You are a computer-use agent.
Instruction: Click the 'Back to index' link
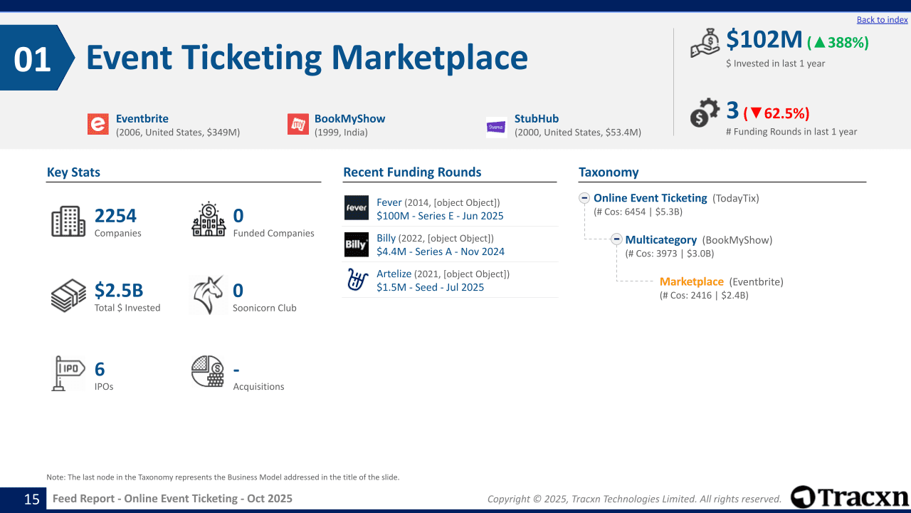click(882, 19)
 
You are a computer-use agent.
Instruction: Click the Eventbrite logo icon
click(98, 124)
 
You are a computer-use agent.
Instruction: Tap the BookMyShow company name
click(349, 118)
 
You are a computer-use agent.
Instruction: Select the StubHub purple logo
click(496, 127)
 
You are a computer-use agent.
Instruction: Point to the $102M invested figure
click(764, 40)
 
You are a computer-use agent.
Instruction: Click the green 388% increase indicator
click(838, 42)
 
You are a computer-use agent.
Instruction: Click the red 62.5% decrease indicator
click(776, 113)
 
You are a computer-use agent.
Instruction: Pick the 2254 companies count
click(115, 216)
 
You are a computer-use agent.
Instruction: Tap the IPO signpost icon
click(68, 373)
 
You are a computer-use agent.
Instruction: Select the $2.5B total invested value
click(119, 290)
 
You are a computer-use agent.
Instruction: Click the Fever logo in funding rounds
click(357, 207)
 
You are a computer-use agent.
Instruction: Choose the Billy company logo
click(357, 244)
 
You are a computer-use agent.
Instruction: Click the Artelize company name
click(394, 274)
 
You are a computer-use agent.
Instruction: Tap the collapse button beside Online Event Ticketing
click(584, 198)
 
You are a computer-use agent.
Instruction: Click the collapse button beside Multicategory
click(616, 239)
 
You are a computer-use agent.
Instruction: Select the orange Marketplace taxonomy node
click(691, 281)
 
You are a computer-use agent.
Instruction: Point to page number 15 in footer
click(32, 499)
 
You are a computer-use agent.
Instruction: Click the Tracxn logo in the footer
click(849, 497)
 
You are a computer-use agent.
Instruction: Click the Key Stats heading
click(73, 172)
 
